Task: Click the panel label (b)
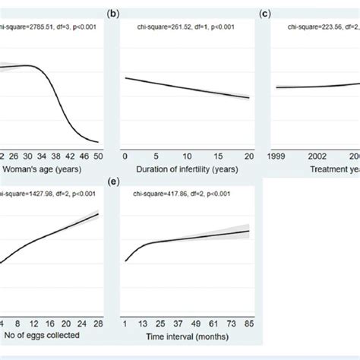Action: [x=114, y=13]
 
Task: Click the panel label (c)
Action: [x=266, y=13]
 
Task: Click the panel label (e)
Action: [x=114, y=182]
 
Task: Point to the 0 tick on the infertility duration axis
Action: [x=125, y=155]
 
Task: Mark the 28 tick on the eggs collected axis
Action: [x=97, y=322]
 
